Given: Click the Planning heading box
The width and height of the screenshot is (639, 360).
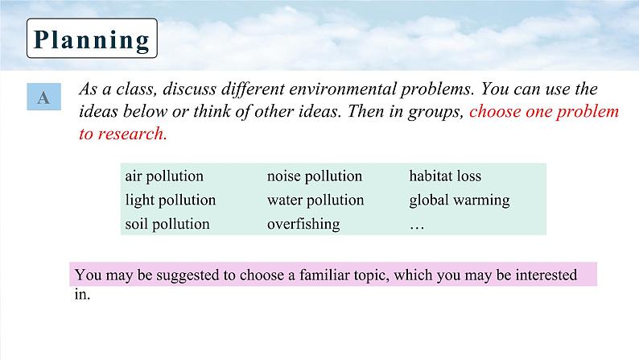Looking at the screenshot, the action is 92,39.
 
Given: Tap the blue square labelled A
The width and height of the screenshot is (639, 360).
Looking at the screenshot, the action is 44,97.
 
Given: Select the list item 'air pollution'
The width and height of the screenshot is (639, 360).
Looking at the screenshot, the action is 164,176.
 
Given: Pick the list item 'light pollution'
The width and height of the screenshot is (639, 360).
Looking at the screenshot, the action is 171,201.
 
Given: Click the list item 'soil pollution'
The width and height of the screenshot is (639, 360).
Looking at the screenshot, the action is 167,224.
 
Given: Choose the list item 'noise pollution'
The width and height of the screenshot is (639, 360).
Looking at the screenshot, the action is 315,176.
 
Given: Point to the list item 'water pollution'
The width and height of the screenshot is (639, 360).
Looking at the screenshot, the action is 315,201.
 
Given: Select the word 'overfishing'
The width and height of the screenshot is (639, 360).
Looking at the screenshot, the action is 303,225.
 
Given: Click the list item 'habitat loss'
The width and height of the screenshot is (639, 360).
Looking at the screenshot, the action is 445,176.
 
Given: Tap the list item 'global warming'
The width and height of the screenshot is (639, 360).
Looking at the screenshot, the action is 460,201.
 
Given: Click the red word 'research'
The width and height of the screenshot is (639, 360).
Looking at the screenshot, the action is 132,134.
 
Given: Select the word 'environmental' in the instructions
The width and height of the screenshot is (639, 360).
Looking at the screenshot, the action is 343,89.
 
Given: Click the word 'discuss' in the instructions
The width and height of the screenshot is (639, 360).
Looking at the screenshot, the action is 189,89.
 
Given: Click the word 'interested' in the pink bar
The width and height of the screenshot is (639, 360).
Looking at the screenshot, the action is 546,275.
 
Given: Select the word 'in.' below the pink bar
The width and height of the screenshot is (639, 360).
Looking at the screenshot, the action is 82,294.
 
